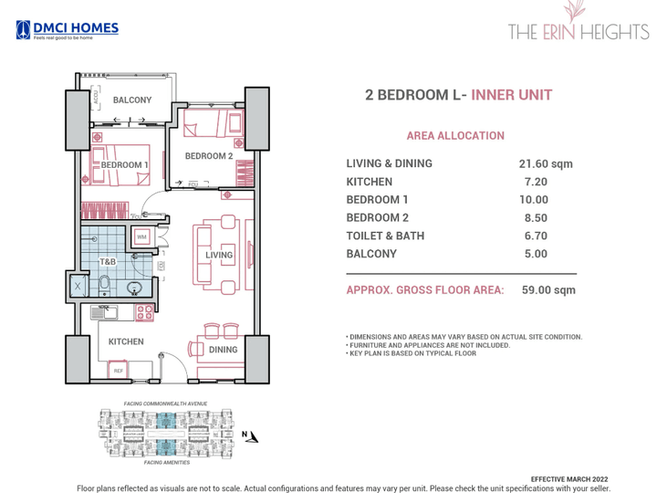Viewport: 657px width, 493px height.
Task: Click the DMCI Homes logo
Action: tap(67, 30)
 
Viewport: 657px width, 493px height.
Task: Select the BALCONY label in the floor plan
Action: tap(132, 100)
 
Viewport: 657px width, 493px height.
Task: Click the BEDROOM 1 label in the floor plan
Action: tap(124, 164)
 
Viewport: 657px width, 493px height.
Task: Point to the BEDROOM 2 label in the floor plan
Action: tap(209, 156)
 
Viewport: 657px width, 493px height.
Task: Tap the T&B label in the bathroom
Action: tap(107, 262)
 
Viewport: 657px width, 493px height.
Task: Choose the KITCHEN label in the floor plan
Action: tap(126, 341)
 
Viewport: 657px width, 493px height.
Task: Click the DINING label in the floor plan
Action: tap(223, 350)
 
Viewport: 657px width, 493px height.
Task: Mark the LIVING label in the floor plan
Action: tap(220, 255)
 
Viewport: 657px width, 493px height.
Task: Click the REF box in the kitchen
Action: tap(118, 371)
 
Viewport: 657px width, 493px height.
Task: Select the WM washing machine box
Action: tap(141, 237)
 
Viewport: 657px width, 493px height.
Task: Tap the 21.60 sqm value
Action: tap(546, 164)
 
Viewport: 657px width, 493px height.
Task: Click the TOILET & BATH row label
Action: tap(385, 236)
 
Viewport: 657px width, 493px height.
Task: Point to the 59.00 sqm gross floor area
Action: tap(548, 290)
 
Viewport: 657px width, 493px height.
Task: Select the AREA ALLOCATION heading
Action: tap(454, 136)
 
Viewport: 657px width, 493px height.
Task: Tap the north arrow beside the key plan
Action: tap(251, 436)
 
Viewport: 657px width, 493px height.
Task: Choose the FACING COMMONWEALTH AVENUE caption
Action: tap(165, 404)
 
